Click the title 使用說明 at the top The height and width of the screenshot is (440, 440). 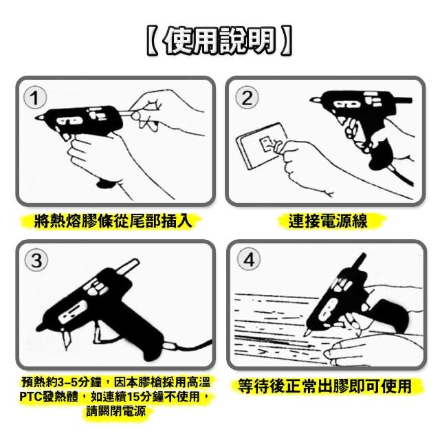[x=219, y=41]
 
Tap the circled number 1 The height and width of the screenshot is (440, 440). [x=35, y=98]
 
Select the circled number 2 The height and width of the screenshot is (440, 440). [x=247, y=98]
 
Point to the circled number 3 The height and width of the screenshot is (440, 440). [x=36, y=261]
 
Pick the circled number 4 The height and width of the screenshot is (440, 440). [x=249, y=259]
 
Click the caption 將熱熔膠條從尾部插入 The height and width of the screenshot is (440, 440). [x=113, y=221]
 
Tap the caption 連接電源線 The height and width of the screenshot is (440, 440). [x=328, y=221]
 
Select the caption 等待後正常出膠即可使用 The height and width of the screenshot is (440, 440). [x=325, y=386]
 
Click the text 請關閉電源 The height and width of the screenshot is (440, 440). [x=116, y=411]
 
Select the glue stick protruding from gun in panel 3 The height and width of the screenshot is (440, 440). [x=128, y=266]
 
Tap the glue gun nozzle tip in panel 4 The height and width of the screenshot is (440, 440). [x=306, y=333]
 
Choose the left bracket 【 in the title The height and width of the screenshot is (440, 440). [x=152, y=41]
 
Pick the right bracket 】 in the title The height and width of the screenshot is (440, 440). [x=287, y=41]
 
